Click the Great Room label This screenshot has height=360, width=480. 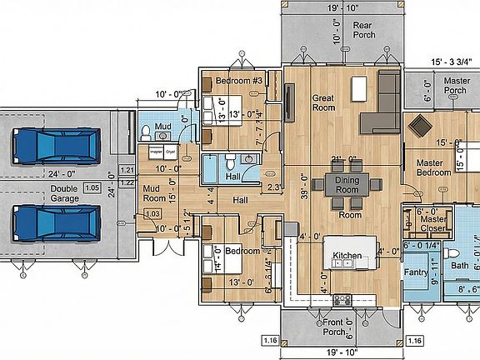[323, 103]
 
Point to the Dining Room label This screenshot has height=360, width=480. [347, 185]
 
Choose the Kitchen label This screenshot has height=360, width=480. [346, 255]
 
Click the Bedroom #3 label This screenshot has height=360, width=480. [239, 81]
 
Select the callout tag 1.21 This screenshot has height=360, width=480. [127, 170]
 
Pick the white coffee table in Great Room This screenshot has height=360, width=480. [359, 87]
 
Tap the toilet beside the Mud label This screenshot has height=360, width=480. [146, 131]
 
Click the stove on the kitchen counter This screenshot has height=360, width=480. [342, 299]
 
